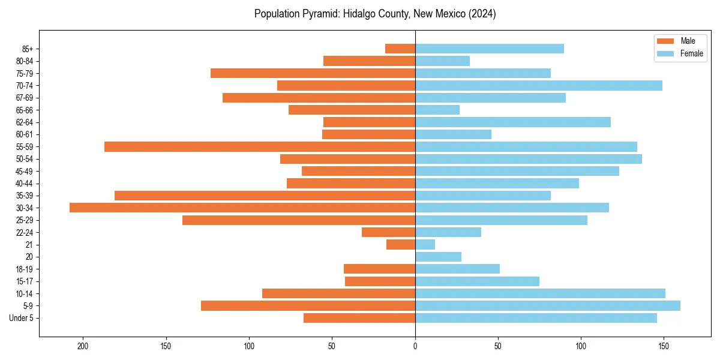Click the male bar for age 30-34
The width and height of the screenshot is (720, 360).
pyautogui.click(x=242, y=208)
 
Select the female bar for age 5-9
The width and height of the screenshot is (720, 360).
pyautogui.click(x=547, y=306)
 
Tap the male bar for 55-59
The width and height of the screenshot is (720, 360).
pyautogui.click(x=260, y=147)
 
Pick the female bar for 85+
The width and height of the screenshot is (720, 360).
pyautogui.click(x=489, y=49)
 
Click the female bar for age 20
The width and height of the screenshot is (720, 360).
pyautogui.click(x=438, y=257)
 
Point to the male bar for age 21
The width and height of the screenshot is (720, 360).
pyautogui.click(x=401, y=245)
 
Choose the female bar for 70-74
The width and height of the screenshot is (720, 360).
pyautogui.click(x=538, y=86)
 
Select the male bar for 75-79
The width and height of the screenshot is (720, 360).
pyautogui.click(x=313, y=73)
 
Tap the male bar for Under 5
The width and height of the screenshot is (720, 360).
pyautogui.click(x=359, y=318)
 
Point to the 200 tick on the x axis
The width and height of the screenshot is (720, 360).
pyautogui.click(x=83, y=346)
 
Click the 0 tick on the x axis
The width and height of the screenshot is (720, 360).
pyautogui.click(x=415, y=346)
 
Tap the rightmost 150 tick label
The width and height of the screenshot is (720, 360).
pyautogui.click(x=664, y=346)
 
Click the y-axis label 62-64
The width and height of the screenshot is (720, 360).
pyautogui.click(x=25, y=122)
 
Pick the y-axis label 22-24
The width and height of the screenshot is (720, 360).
pyautogui.click(x=25, y=233)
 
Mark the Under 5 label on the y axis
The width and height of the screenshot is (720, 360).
pyautogui.click(x=21, y=318)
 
